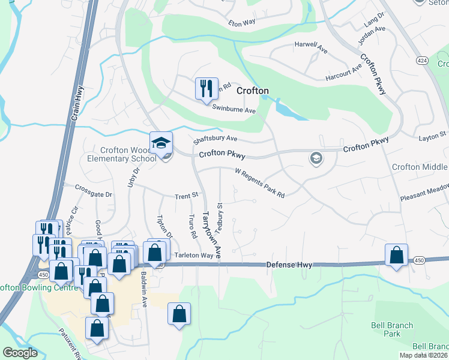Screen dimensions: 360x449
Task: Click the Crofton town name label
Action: coord(252,91)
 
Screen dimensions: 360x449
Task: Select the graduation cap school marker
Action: coord(161,143)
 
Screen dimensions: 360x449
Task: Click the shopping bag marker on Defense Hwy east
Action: coord(396,255)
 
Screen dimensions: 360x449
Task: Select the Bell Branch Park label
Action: coord(391,329)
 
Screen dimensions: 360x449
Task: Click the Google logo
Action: coord(20,353)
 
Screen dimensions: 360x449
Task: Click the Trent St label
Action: coord(186,196)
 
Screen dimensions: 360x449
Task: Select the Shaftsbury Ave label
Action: coord(215,140)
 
